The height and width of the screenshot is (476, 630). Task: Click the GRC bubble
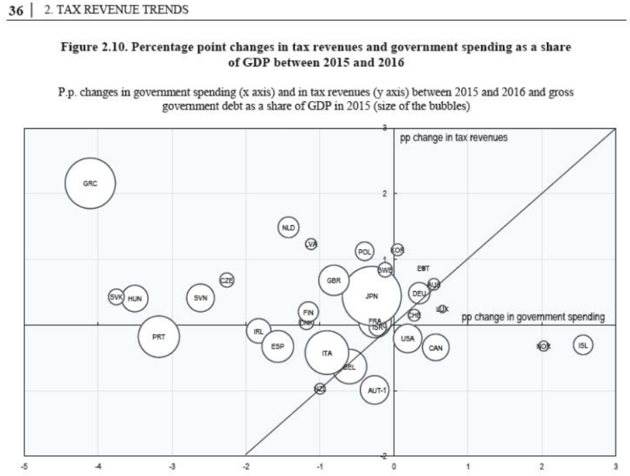tap(90, 184)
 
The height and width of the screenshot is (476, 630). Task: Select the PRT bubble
tap(158, 336)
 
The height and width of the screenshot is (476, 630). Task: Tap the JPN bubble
tap(371, 295)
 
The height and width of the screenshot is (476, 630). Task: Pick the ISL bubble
tap(583, 346)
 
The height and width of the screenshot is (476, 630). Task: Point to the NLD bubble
tap(289, 227)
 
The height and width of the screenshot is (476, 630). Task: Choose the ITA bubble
tap(327, 353)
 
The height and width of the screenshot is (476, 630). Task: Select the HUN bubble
tap(135, 297)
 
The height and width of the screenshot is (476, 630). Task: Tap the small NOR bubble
tap(543, 346)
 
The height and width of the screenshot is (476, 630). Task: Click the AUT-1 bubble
tap(374, 390)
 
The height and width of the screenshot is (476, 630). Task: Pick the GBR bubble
tap(334, 281)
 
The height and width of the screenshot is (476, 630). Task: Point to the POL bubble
tap(365, 252)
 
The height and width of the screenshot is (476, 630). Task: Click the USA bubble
tap(407, 338)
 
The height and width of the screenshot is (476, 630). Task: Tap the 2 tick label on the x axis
tap(541, 466)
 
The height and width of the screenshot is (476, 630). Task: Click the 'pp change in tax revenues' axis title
tap(453, 138)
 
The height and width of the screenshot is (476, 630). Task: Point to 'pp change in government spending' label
tap(533, 316)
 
